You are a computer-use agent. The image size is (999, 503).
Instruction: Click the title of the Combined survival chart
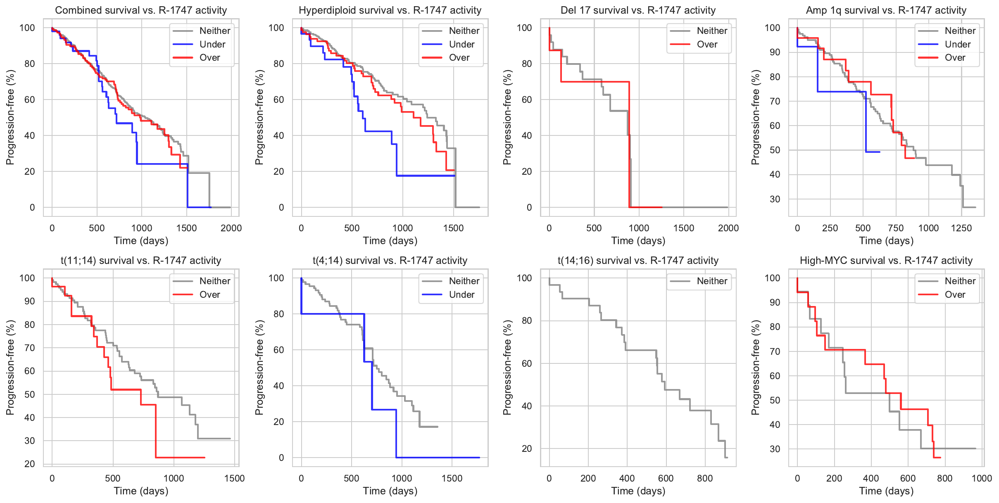click(141, 10)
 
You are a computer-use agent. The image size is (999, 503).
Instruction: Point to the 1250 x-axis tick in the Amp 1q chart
click(961, 228)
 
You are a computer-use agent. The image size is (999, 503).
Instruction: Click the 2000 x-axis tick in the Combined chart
click(231, 228)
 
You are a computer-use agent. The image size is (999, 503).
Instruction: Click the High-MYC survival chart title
click(886, 261)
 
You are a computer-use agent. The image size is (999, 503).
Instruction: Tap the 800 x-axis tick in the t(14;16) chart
click(705, 478)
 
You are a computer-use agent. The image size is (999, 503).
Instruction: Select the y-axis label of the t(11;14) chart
click(10, 368)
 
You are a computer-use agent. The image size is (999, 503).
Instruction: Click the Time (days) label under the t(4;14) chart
click(390, 491)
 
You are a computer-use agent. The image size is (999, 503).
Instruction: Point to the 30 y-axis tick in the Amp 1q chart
click(775, 199)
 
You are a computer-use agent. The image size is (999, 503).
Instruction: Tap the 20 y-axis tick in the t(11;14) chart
click(30, 464)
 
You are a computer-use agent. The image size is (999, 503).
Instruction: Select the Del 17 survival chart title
click(638, 10)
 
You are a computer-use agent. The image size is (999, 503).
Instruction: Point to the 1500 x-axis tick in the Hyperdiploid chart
click(453, 228)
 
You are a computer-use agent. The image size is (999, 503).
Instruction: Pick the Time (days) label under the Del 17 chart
click(638, 241)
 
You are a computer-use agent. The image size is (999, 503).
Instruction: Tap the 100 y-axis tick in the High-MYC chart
click(772, 278)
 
